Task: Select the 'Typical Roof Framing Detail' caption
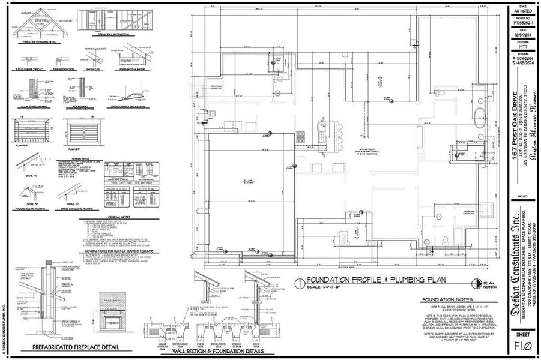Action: pos(39,41)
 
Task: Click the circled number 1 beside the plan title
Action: pos(299,282)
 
